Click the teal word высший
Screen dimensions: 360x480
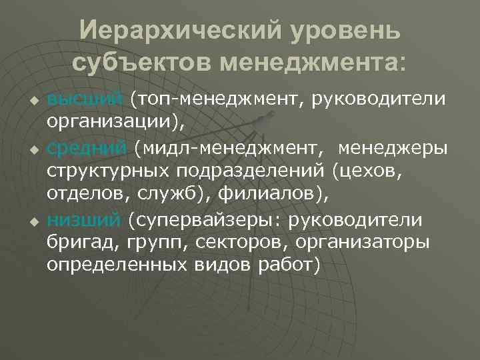[x=85, y=99]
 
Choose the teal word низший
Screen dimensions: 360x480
[x=84, y=219]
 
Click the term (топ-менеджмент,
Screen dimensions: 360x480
[x=214, y=99]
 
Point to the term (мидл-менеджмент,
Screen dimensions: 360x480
[x=217, y=147]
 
